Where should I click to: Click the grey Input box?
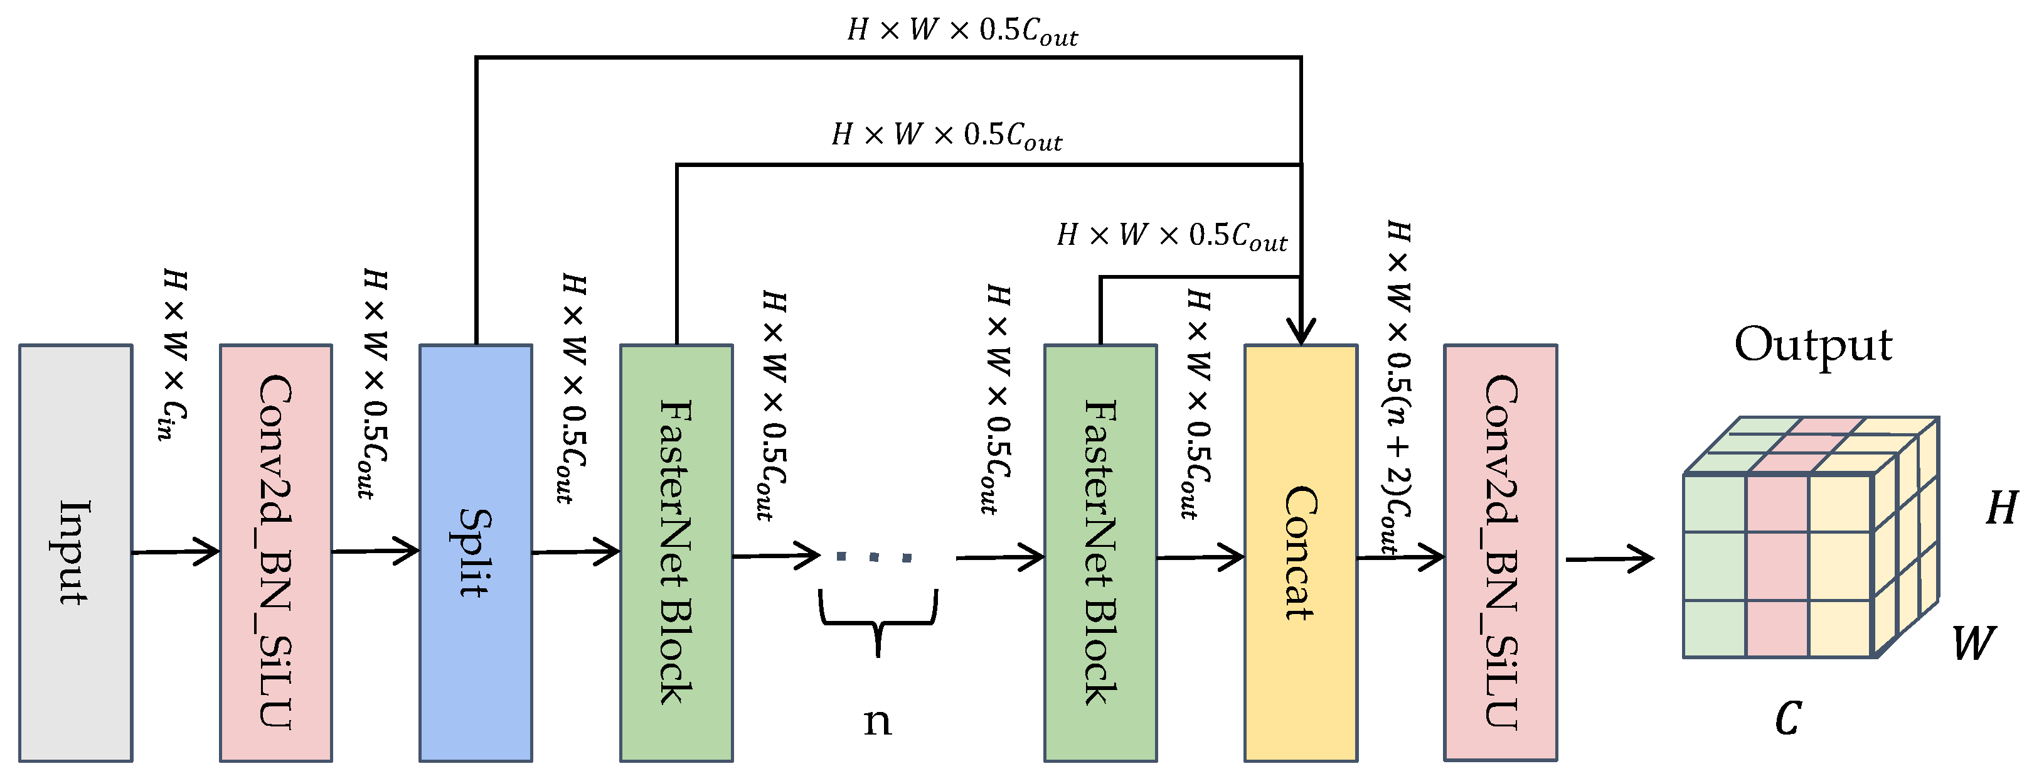coord(75,552)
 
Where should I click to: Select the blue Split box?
coord(475,552)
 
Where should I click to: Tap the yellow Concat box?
coord(1301,552)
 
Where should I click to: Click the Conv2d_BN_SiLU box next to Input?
coord(275,552)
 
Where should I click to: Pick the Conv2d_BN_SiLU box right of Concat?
coord(1500,552)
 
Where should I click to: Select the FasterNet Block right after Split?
coord(676,552)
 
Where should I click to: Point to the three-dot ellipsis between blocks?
coord(874,558)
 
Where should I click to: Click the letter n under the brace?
coord(877,721)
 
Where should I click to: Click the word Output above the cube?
coord(1813,345)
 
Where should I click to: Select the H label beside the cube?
coord(2001,509)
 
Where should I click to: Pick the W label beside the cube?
coord(1972,643)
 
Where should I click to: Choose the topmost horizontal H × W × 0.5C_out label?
coord(962,31)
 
